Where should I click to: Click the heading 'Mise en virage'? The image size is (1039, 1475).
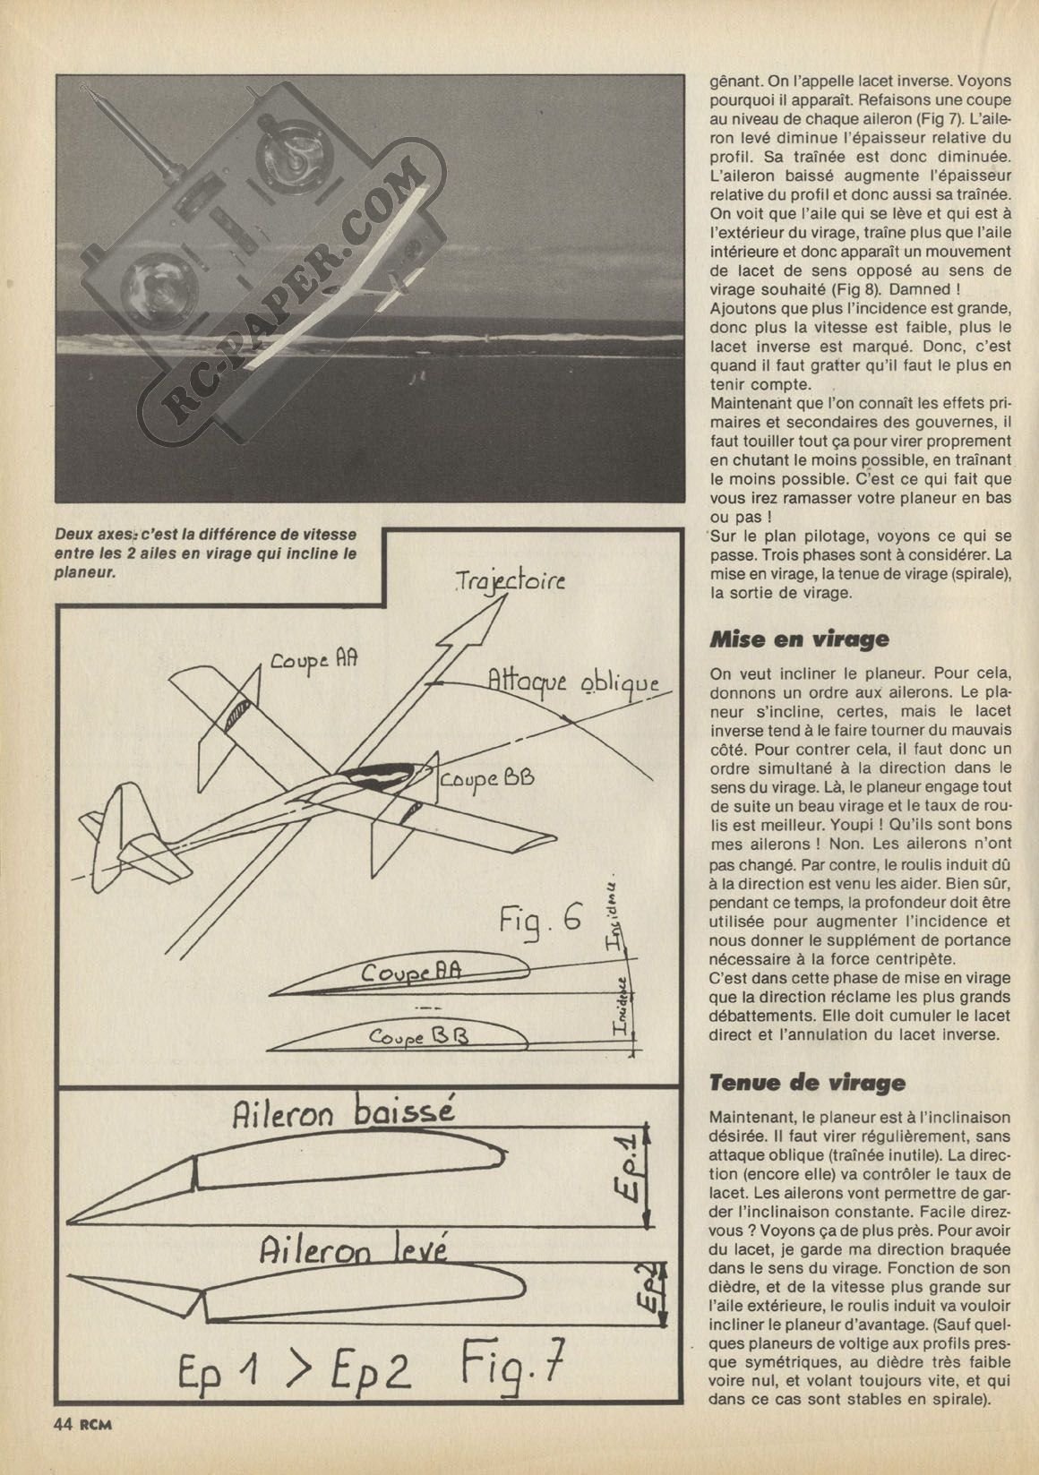799,639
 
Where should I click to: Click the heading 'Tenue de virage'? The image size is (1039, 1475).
807,1084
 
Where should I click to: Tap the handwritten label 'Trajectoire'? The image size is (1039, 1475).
509,582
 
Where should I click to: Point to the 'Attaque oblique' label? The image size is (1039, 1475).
573,682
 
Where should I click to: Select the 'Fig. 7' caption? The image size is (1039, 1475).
512,1364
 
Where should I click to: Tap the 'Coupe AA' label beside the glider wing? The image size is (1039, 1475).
313,660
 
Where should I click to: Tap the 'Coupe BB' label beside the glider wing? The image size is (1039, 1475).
486,779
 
